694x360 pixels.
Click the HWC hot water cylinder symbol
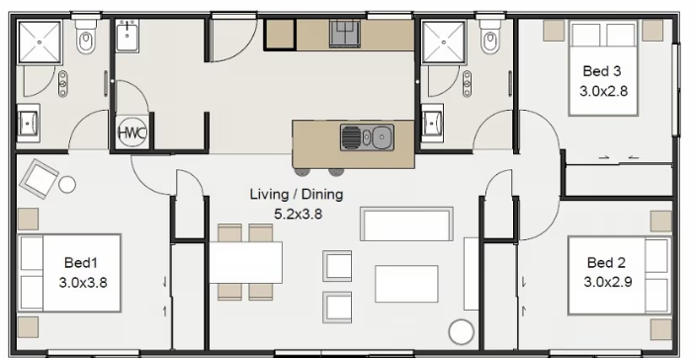(x=131, y=133)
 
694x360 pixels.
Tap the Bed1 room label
(x=80, y=263)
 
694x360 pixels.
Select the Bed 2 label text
(x=606, y=263)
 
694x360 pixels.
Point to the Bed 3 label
(x=601, y=71)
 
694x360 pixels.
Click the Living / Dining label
(x=297, y=194)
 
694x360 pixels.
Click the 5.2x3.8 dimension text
(x=299, y=215)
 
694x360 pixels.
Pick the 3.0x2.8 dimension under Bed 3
(x=603, y=91)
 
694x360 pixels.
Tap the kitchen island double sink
(x=367, y=136)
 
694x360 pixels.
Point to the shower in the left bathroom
(x=40, y=43)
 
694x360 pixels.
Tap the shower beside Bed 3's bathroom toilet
(x=444, y=43)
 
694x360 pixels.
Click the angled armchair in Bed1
(x=39, y=178)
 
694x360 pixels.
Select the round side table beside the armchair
(x=67, y=184)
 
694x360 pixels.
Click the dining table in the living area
(x=245, y=262)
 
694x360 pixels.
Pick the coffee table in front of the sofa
(x=406, y=284)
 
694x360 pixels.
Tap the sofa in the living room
(x=406, y=225)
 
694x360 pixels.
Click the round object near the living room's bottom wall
(x=462, y=331)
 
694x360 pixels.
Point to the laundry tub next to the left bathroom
(x=128, y=36)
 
